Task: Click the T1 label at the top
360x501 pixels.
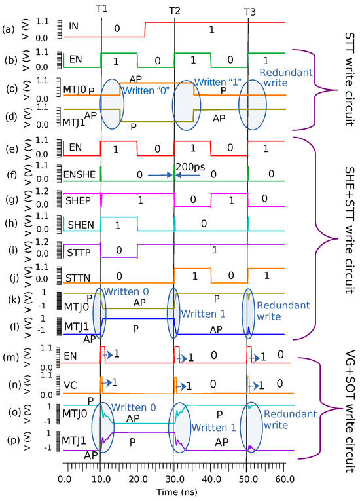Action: click(x=101, y=9)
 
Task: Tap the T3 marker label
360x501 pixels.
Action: click(x=249, y=10)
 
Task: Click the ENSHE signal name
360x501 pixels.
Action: click(x=83, y=174)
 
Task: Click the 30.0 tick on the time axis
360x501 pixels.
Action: click(x=175, y=480)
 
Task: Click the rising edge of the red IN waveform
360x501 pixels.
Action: click(x=145, y=30)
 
